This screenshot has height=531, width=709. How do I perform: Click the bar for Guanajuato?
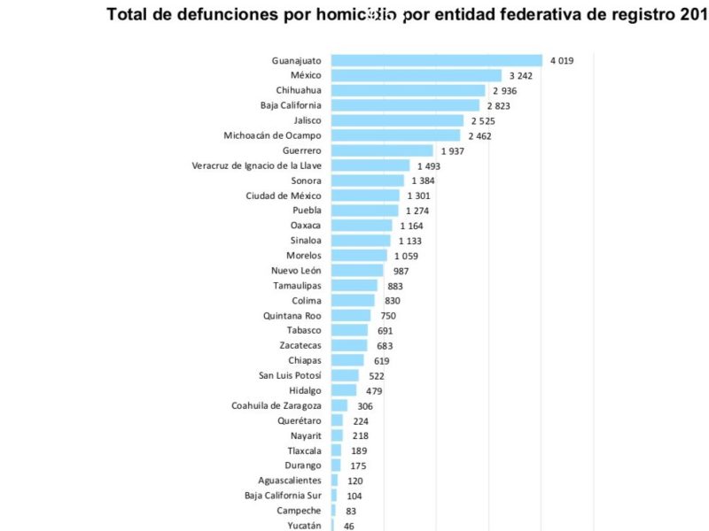click(x=437, y=60)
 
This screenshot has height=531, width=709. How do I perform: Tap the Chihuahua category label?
click(x=298, y=90)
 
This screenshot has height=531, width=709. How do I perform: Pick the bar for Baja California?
click(x=405, y=105)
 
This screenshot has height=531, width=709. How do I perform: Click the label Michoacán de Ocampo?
click(x=272, y=135)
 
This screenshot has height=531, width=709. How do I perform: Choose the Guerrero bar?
click(x=382, y=150)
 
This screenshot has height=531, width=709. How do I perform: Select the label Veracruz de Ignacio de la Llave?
click(x=256, y=165)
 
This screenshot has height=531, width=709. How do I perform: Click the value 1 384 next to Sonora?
click(x=423, y=181)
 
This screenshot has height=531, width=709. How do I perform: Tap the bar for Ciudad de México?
click(x=366, y=196)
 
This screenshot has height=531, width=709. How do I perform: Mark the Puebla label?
click(x=307, y=211)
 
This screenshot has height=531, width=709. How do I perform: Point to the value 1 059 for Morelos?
click(x=407, y=256)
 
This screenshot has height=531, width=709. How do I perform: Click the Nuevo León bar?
click(x=357, y=271)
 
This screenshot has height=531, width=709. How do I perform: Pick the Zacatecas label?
click(x=300, y=346)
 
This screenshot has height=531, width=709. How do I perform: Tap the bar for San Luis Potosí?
click(x=345, y=376)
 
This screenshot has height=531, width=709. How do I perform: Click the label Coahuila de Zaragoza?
click(x=276, y=406)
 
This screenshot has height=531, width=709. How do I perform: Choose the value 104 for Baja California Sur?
click(x=354, y=496)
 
